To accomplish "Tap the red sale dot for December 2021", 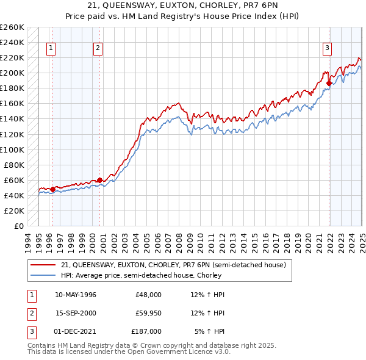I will (329, 83).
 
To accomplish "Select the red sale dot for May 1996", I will (52, 189).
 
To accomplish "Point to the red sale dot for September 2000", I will (99, 180).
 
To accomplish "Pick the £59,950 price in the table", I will (148, 312).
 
